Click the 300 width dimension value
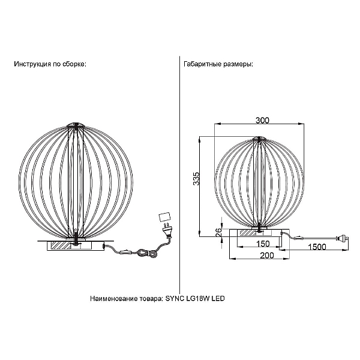(262, 121)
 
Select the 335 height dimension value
(197, 178)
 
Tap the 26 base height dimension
(219, 232)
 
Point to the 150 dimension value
(262, 244)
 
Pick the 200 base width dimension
(267, 256)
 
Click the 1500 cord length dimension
(317, 247)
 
